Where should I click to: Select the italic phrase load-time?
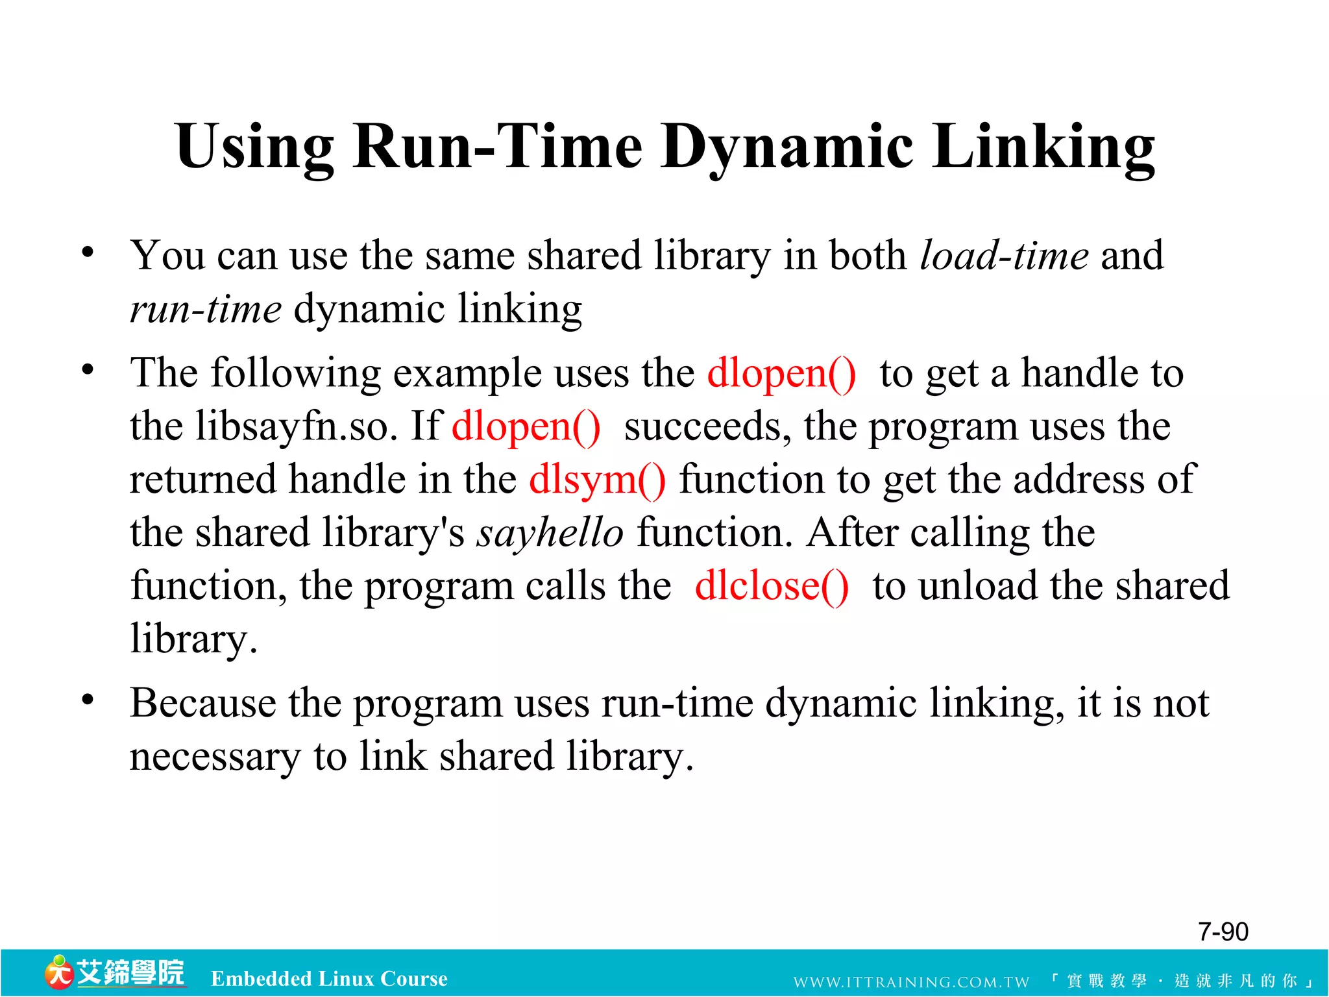pos(1004,256)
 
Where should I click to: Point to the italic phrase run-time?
pos(205,309)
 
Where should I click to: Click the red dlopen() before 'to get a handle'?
pos(781,374)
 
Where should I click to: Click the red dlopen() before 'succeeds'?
pos(526,427)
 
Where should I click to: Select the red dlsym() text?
pos(597,480)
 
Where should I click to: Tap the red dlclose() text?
pos(771,586)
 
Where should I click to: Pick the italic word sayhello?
pos(550,534)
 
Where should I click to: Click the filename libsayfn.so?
pos(295,427)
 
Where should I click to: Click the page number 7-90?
pos(1223,932)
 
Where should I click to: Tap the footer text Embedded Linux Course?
pos(329,979)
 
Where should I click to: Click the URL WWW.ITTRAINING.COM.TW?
pos(911,982)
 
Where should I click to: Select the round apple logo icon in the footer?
pos(58,973)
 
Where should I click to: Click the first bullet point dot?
pos(88,252)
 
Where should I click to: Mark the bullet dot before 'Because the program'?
pos(88,700)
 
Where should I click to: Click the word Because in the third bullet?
pos(202,704)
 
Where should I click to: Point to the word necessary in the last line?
pos(215,757)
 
